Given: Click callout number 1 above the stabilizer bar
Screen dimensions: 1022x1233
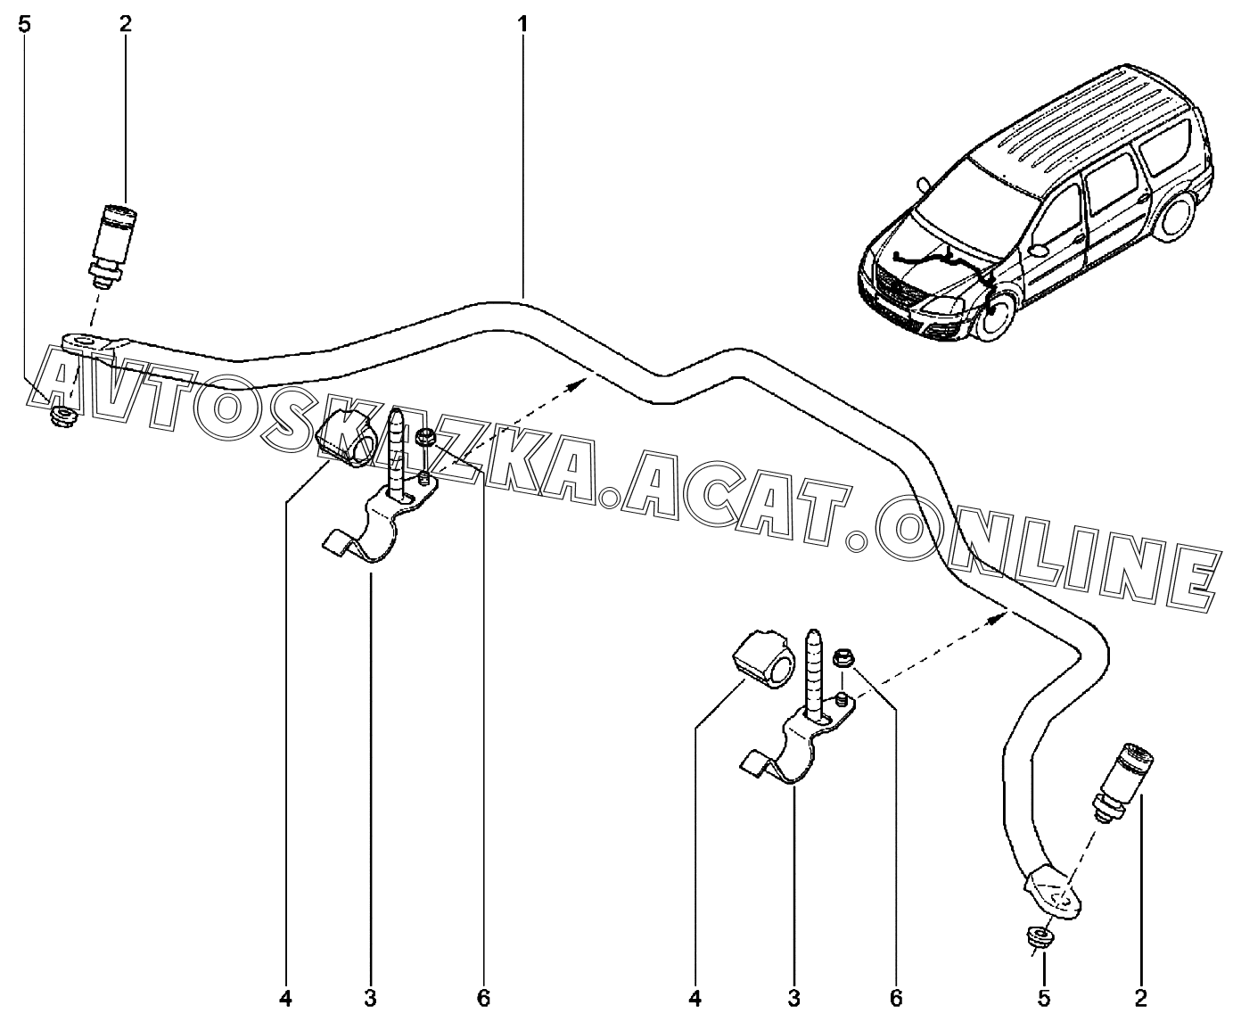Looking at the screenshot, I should (x=523, y=25).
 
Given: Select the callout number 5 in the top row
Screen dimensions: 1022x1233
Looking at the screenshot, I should (x=24, y=25).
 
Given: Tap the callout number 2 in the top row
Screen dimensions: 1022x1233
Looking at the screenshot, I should (x=125, y=25).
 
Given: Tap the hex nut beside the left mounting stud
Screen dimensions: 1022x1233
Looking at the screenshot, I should (x=425, y=437).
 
